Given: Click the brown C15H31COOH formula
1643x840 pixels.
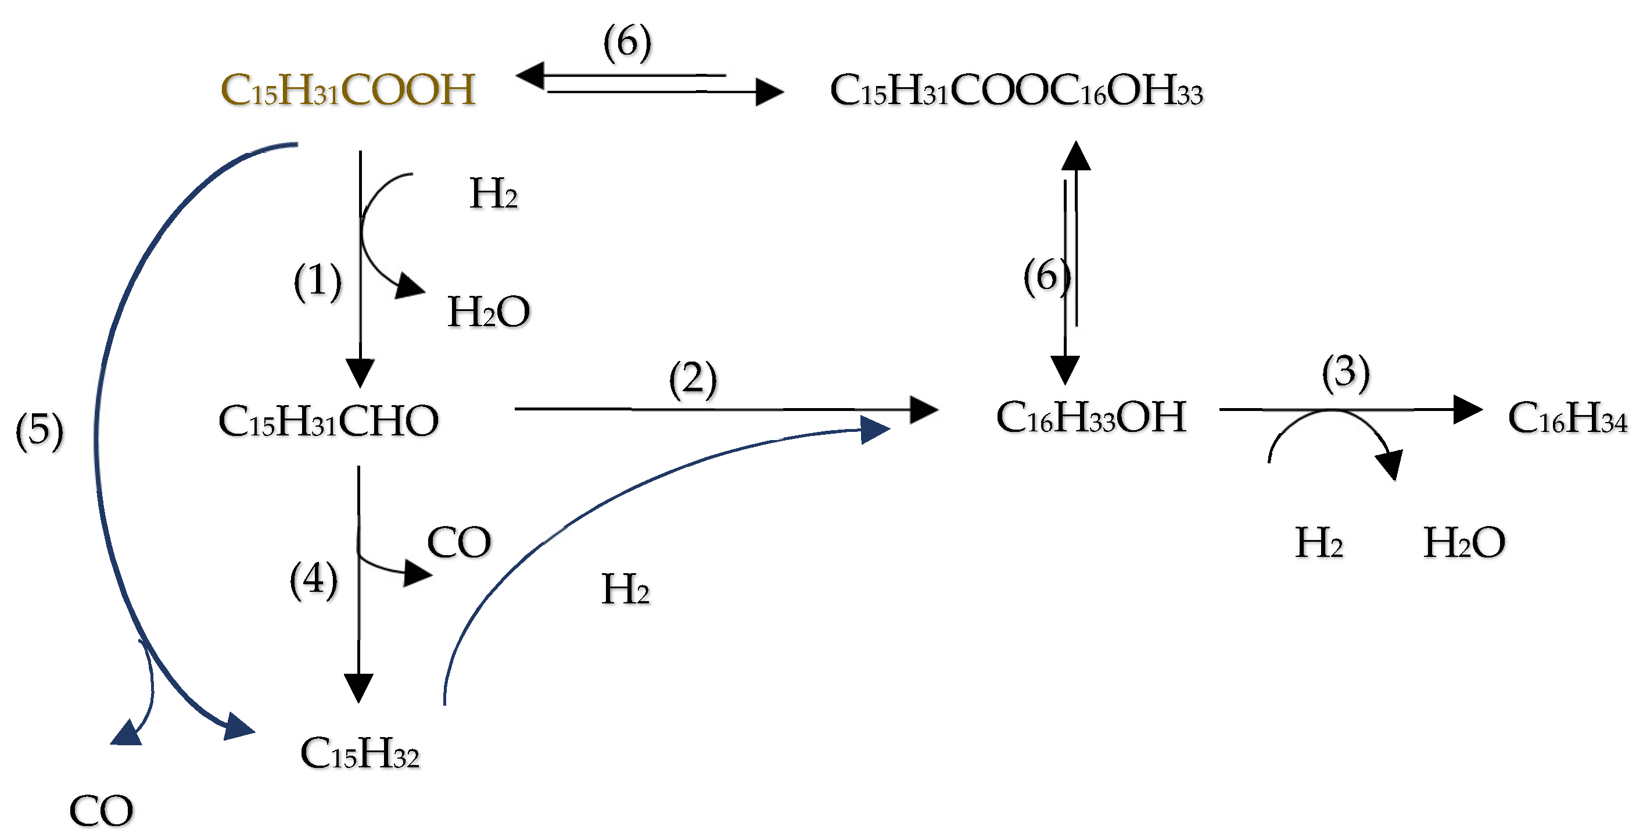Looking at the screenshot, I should point(347,90).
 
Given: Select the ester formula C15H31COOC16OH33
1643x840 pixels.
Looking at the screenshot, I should point(1016,90).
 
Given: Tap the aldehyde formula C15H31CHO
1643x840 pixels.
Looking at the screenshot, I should point(328,421).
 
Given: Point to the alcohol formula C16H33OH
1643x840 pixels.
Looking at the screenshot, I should point(1090,417).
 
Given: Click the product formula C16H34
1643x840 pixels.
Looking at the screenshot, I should point(1566,417).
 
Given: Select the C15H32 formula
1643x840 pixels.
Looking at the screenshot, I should point(360,753).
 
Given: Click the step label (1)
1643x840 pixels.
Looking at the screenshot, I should point(317,281).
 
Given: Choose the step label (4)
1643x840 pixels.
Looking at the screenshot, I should point(313,580).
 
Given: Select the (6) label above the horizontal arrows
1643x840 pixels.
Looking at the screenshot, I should point(627,42).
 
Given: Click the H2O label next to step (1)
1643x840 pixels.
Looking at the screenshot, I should point(488,312).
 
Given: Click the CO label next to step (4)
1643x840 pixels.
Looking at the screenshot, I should point(458,542).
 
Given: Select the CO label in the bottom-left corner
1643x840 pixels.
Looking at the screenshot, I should point(101,810).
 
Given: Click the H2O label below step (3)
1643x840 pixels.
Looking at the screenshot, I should point(1464,542).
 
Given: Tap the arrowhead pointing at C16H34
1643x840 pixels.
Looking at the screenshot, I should point(1466,409).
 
